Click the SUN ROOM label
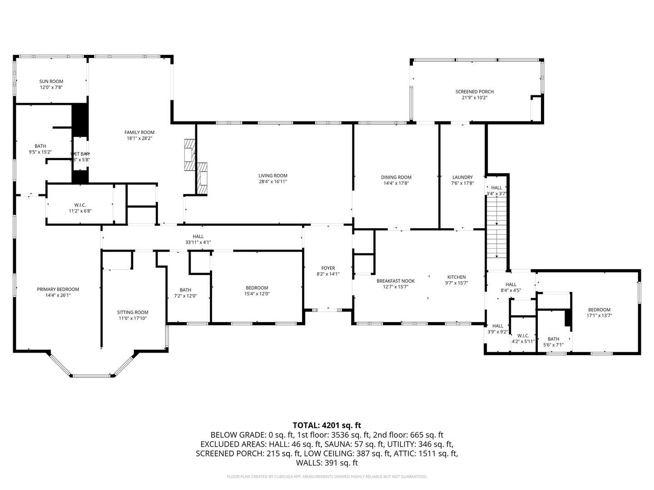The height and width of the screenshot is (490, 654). (51, 81)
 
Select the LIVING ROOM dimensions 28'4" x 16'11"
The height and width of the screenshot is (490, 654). (272, 181)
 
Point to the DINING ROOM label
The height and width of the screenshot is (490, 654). (396, 177)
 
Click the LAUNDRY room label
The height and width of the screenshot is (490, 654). (462, 177)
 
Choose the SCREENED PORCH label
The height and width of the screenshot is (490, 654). (474, 92)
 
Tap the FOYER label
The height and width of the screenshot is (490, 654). (328, 268)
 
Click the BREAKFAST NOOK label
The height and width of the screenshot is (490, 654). (395, 281)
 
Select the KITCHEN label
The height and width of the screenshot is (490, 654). (456, 277)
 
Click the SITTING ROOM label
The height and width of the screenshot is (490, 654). (133, 312)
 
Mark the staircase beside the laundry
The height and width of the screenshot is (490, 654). (496, 231)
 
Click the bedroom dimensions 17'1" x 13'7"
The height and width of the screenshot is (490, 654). (599, 315)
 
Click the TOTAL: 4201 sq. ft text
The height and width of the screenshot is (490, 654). (327, 425)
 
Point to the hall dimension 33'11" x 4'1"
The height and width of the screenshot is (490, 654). (198, 242)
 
